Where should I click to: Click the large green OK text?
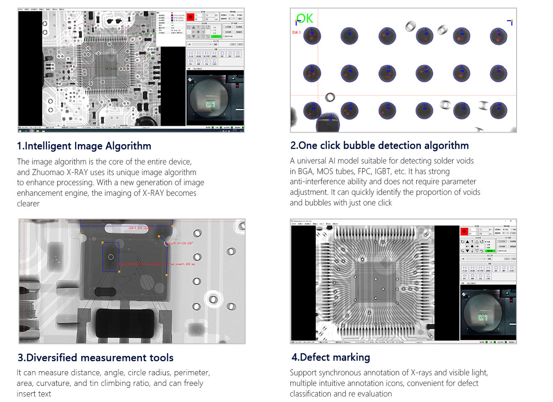tap(305, 19)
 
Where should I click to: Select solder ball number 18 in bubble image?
tap(499, 110)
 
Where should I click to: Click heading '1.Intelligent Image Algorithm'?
tap(84, 146)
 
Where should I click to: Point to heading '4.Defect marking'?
tap(330, 357)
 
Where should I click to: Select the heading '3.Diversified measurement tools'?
tap(95, 357)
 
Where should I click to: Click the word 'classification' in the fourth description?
tap(312, 394)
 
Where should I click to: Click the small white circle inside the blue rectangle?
tap(111, 256)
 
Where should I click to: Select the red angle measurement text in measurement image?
tap(185, 243)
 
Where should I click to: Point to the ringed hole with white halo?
tap(214, 299)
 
